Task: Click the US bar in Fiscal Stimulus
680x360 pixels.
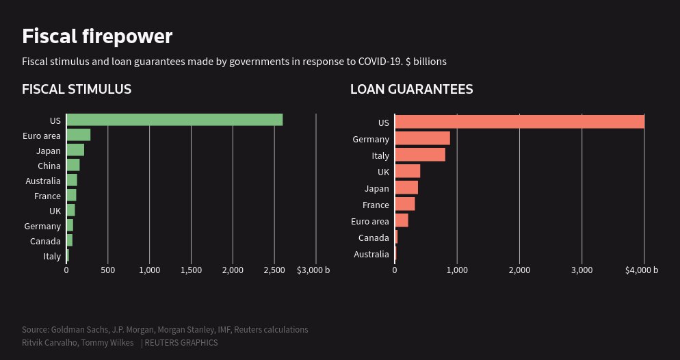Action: point(174,120)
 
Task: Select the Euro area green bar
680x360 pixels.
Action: point(78,135)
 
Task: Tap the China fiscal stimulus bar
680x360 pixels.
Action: point(73,165)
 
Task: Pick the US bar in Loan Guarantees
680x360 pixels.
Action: point(519,122)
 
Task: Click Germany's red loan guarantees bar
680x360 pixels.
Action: point(422,138)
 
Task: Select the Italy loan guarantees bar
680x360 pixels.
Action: point(420,155)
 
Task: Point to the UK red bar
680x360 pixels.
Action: point(408,171)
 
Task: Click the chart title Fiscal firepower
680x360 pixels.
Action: point(97,36)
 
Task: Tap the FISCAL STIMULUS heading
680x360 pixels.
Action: point(77,89)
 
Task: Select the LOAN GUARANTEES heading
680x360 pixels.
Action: point(412,89)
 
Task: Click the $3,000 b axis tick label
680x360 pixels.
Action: point(313,270)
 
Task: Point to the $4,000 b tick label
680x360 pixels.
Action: point(642,270)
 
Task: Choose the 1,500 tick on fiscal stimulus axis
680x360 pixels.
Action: point(191,270)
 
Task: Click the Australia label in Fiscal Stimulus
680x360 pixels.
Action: point(43,181)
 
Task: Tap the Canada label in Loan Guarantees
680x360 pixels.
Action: point(374,238)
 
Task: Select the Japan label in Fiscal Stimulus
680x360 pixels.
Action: point(49,151)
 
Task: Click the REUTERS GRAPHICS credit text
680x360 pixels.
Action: point(181,342)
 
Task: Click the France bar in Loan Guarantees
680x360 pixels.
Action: point(405,204)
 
